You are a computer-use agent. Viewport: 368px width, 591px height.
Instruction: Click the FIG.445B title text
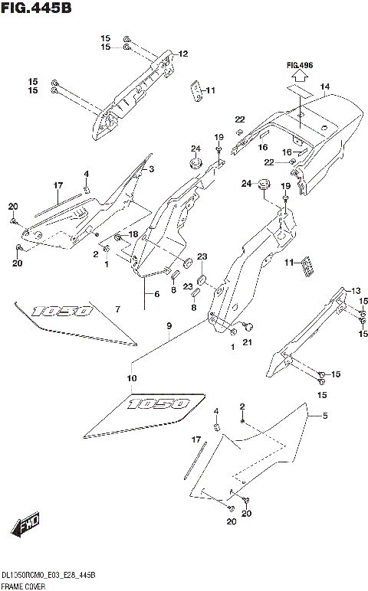point(36,8)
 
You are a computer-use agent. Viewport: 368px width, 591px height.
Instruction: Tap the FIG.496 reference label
point(300,67)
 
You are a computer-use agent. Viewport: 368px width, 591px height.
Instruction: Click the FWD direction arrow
point(26,526)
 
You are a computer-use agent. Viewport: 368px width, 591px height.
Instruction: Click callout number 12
point(183,54)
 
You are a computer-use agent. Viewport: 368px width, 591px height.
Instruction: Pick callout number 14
point(325,87)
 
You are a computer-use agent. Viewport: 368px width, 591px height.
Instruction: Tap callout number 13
point(356,290)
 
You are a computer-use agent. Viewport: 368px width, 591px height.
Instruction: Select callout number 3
point(152,169)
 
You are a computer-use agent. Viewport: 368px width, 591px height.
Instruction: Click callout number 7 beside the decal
point(117,309)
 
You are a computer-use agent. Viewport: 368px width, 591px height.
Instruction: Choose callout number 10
point(131,378)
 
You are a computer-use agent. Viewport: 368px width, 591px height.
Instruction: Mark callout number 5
point(325,416)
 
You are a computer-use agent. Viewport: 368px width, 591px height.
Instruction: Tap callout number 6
point(157,294)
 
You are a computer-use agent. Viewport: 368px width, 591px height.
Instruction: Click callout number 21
point(247,344)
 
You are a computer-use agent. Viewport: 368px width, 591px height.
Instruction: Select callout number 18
point(133,234)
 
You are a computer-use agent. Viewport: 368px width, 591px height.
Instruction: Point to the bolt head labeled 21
point(247,327)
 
